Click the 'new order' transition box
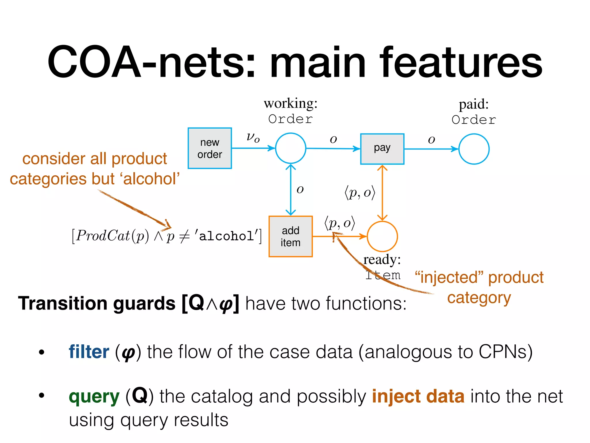point(209,148)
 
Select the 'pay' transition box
point(382,149)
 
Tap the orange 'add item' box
point(290,236)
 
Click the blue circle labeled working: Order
point(290,148)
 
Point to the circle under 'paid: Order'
point(474,149)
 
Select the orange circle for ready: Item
point(382,236)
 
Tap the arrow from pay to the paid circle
point(431,149)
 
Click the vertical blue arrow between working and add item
point(291,190)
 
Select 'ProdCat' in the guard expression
point(103,236)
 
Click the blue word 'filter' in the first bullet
point(89,352)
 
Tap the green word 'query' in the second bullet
point(94,397)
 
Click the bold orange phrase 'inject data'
point(418,397)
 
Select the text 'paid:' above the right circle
point(474,104)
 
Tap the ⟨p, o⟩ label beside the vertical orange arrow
point(360,192)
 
